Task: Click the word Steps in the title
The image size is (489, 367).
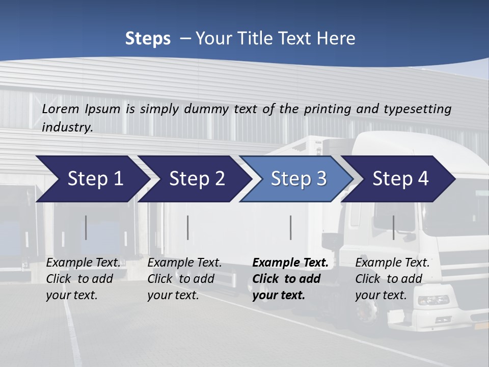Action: pyautogui.click(x=148, y=38)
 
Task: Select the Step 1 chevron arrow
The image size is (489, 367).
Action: pyautogui.click(x=92, y=179)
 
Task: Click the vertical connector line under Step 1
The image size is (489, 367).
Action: pyautogui.click(x=86, y=227)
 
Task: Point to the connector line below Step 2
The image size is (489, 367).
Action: pyautogui.click(x=188, y=227)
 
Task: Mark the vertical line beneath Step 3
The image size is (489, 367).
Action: pyautogui.click(x=291, y=227)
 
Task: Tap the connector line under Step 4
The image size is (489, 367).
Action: pyautogui.click(x=393, y=227)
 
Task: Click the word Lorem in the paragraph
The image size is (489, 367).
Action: pyautogui.click(x=61, y=109)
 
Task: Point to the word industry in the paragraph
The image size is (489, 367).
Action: pyautogui.click(x=67, y=127)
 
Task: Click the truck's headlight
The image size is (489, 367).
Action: pyautogui.click(x=433, y=300)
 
